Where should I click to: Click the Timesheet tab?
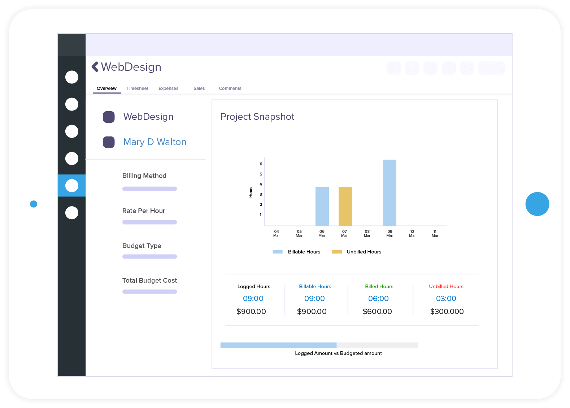[137, 88]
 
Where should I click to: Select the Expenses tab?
[168, 88]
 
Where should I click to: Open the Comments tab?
[230, 88]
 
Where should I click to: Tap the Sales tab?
[199, 88]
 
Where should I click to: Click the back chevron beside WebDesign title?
[95, 67]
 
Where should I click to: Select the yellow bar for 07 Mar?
[345, 206]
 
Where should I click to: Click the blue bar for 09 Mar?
[390, 193]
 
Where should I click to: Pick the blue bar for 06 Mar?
[322, 206]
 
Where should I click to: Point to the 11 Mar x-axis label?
[435, 234]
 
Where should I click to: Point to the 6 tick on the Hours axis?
[261, 164]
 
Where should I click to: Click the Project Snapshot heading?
[257, 117]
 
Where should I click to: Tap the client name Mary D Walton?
[155, 142]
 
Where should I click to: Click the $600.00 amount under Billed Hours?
[377, 311]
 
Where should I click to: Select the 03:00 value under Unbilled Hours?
[446, 299]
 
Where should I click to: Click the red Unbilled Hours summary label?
[446, 286]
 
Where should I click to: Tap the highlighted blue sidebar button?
[72, 186]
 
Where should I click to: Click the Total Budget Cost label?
[149, 281]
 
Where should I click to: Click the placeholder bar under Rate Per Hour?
[149, 222]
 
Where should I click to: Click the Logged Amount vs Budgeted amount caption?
[338, 353]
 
